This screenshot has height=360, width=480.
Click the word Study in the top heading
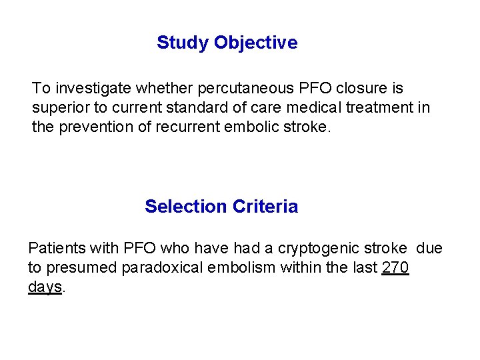[183, 43]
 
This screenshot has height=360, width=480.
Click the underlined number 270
[396, 268]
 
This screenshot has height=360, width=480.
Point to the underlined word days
[45, 287]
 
